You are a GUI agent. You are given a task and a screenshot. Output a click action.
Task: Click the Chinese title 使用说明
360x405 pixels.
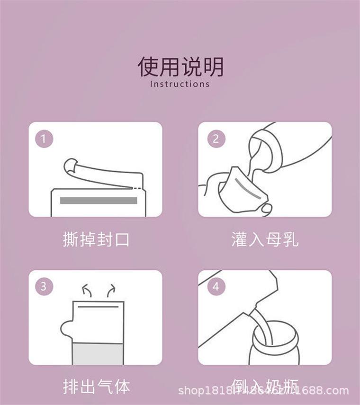click(180, 66)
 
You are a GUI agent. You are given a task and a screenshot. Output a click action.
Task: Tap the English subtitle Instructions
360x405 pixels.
click(180, 84)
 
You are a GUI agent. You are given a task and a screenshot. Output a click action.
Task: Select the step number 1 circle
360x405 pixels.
click(44, 138)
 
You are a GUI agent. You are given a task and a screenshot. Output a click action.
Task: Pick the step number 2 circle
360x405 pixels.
click(216, 138)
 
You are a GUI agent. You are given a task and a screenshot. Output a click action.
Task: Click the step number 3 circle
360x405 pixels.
click(44, 286)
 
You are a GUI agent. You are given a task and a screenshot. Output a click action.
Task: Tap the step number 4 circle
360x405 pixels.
click(216, 286)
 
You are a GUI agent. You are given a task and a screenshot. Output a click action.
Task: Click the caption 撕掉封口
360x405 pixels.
click(96, 239)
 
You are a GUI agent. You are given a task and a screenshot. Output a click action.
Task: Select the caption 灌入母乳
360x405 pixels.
click(265, 239)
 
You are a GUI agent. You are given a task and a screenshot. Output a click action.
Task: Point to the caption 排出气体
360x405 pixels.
click(96, 387)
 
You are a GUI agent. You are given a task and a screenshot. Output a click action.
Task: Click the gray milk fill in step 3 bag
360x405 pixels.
click(98, 354)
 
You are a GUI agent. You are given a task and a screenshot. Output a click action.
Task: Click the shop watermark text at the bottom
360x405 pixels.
click(263, 391)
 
